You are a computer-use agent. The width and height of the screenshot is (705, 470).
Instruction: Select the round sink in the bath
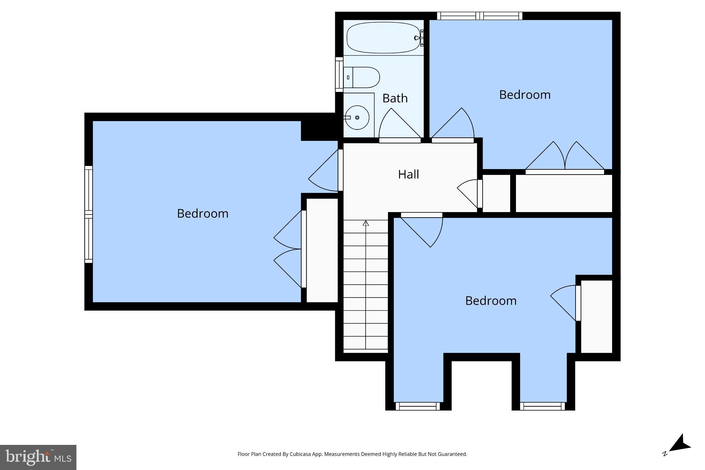(x=357, y=117)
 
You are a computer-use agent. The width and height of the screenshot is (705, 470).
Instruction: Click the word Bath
(x=395, y=98)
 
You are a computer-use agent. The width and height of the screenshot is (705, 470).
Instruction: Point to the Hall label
(x=408, y=175)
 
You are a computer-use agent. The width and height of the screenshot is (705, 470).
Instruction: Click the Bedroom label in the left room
(x=202, y=213)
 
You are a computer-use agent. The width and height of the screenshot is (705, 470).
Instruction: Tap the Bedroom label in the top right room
(x=524, y=95)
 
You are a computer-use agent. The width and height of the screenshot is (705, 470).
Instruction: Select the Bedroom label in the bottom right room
(x=491, y=301)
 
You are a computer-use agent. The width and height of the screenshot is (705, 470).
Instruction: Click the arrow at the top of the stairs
(x=366, y=223)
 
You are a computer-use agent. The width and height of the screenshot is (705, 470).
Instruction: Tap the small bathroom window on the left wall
(x=339, y=74)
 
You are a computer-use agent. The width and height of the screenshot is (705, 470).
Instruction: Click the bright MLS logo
(x=38, y=457)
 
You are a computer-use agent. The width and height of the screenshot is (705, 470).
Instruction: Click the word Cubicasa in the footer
(x=298, y=454)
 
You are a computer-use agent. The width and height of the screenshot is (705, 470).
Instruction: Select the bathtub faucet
(x=420, y=38)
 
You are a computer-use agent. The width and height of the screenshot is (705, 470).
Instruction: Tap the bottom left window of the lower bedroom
(x=418, y=407)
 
